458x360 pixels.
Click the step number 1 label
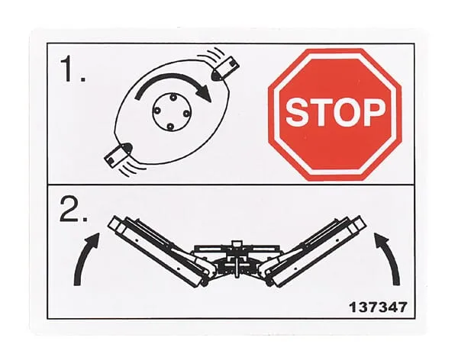73,69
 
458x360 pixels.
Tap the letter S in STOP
298,112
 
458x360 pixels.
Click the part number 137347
378,307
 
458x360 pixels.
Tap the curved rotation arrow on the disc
173,77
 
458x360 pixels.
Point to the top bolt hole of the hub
172,97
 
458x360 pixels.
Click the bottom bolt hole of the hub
171,127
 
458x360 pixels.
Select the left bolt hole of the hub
156,111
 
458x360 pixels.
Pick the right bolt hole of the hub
185,114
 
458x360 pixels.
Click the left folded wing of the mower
160,250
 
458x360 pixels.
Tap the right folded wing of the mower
314,250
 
